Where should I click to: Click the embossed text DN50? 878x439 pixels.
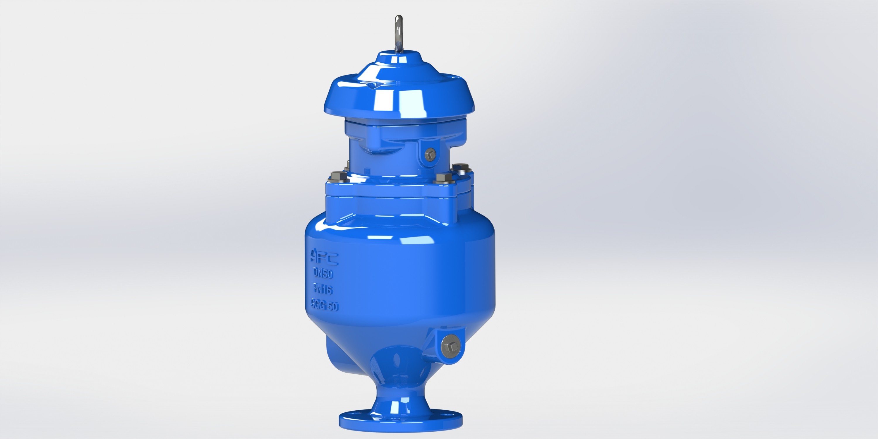(323, 273)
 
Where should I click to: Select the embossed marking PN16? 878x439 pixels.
(323, 289)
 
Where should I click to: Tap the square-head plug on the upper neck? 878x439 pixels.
(431, 155)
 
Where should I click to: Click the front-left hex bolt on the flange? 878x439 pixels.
(338, 176)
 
